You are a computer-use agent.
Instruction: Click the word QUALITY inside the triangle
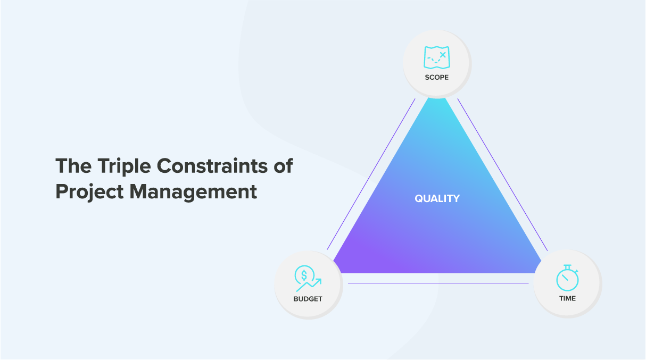(437, 198)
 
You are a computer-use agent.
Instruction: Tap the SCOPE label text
(437, 77)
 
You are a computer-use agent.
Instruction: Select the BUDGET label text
(308, 299)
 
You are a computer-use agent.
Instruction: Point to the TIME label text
(567, 298)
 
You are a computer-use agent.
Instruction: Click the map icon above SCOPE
(437, 57)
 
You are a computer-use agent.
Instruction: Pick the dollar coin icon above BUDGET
(304, 275)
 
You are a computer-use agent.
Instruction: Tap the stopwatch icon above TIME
(567, 278)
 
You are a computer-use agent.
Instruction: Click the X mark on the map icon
(443, 55)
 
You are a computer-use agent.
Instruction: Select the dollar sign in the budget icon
(304, 275)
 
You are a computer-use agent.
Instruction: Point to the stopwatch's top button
(567, 267)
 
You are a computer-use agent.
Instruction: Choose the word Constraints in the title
(212, 166)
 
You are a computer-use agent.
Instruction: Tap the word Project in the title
(89, 192)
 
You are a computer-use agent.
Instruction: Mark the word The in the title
(73, 166)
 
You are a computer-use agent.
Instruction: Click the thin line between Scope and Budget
(371, 174)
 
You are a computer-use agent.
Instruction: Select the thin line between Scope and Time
(503, 174)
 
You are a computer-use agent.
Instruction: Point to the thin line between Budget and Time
(438, 283)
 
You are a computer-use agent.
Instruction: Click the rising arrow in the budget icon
(309, 285)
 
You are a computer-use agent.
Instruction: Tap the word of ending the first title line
(283, 166)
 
